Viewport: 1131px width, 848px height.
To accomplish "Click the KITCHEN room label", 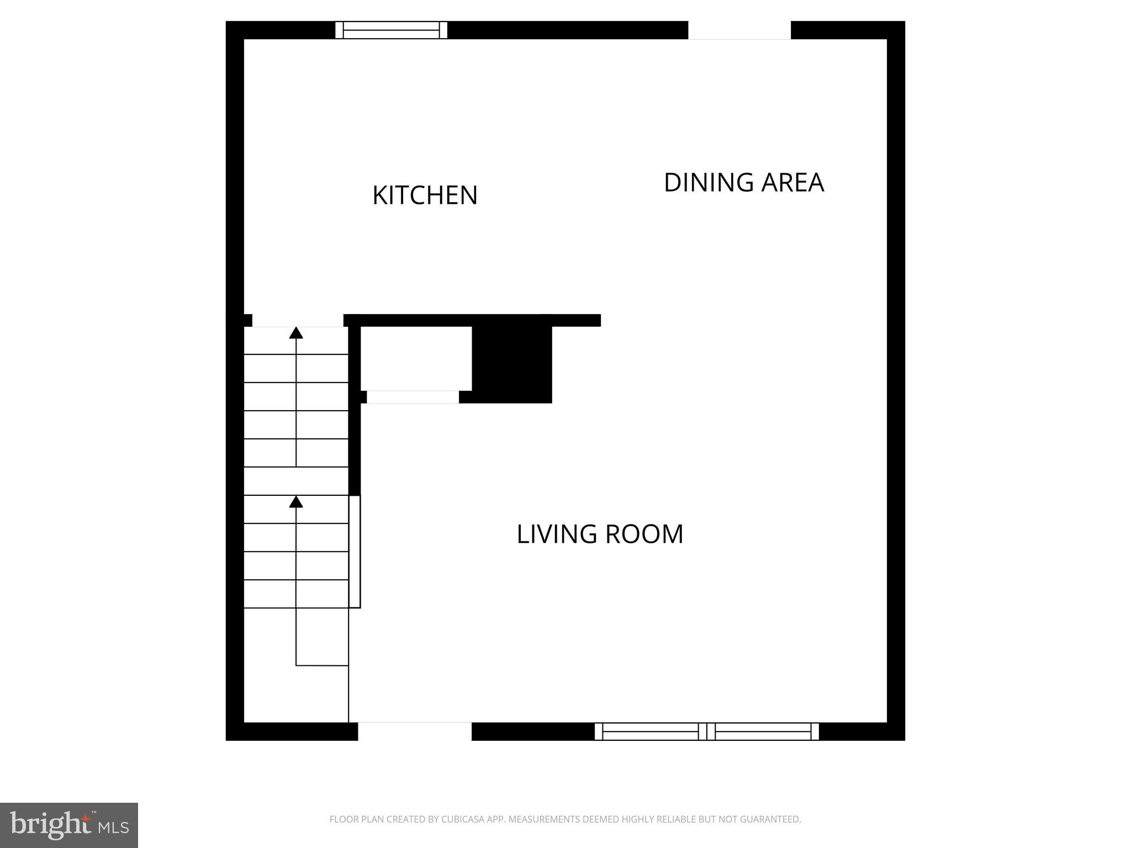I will click(425, 195).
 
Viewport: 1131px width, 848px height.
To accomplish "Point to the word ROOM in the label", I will click(644, 534).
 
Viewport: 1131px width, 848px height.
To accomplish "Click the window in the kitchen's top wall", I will click(391, 30).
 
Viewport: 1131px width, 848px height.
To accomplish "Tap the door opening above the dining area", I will click(739, 30).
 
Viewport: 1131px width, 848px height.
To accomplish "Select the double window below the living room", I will click(706, 732).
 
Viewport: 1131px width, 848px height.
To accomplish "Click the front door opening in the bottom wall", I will click(415, 732).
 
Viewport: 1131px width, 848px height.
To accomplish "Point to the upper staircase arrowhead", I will click(297, 332).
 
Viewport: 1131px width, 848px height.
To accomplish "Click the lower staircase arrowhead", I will click(297, 501).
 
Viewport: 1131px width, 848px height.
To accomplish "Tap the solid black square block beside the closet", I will click(512, 364).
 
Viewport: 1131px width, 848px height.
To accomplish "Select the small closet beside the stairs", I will click(416, 358).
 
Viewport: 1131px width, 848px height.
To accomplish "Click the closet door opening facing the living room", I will click(413, 397).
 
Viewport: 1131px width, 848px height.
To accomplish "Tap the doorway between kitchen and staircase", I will click(298, 321).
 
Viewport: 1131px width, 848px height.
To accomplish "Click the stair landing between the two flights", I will click(296, 481).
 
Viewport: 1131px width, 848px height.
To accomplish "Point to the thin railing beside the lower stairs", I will click(355, 552).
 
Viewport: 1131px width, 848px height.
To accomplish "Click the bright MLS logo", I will click(69, 825).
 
